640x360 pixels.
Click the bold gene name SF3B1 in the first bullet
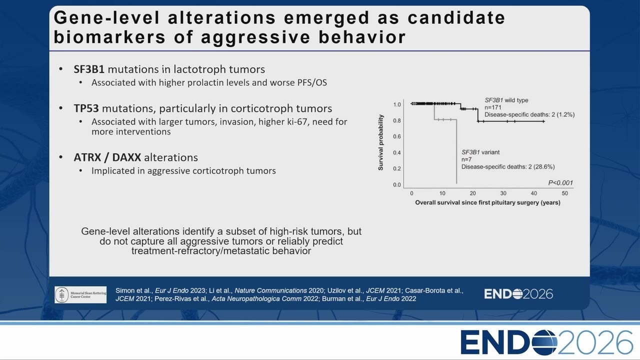89,69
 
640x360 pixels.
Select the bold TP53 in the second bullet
86,108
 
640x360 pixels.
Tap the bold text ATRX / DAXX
107,157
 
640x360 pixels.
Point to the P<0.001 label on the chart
560,183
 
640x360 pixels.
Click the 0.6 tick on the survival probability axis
397,136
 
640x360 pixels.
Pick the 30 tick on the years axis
503,193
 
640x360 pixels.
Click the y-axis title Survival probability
380,142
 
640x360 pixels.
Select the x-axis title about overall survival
487,202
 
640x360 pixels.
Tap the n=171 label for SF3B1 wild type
493,107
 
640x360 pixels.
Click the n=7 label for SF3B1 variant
466,159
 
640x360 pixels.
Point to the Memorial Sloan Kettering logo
80,294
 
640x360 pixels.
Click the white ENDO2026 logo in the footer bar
518,294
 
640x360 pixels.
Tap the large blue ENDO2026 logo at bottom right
546,342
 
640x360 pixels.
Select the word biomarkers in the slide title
109,37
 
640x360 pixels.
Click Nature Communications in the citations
270,290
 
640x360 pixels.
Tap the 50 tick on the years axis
564,193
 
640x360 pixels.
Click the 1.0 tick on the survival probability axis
397,104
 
